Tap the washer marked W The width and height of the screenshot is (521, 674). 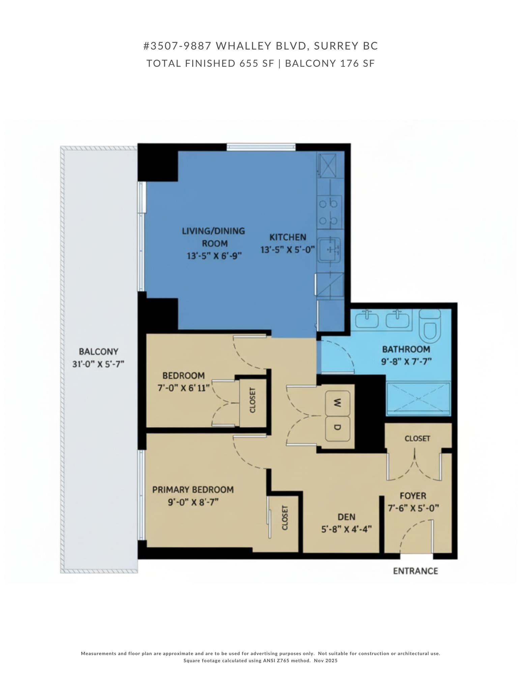pos(337,402)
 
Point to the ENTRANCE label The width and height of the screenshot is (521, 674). pos(415,571)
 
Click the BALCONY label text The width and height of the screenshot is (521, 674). pos(98,351)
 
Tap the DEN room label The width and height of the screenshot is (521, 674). pos(346,517)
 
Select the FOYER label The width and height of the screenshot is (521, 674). pos(413,496)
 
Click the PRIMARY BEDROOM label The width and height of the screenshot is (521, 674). pos(193,490)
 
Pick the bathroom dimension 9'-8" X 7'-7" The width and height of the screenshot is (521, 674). pos(406,362)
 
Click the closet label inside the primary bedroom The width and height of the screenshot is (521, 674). pos(285,518)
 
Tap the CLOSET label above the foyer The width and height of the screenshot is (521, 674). pos(417,438)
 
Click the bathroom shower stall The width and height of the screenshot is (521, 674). pos(418,398)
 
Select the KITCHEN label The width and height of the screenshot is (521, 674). pos(288,237)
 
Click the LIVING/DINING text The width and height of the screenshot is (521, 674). pos(213,231)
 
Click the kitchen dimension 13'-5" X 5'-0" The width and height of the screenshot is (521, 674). pos(288,250)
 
